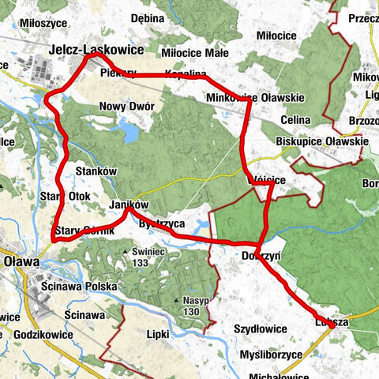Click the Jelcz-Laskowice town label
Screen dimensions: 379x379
(x=96, y=49)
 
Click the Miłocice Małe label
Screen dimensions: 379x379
(x=183, y=53)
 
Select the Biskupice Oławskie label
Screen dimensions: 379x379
(x=322, y=142)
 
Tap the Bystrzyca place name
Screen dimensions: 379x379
(x=161, y=224)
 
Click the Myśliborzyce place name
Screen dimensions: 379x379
(x=269, y=355)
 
